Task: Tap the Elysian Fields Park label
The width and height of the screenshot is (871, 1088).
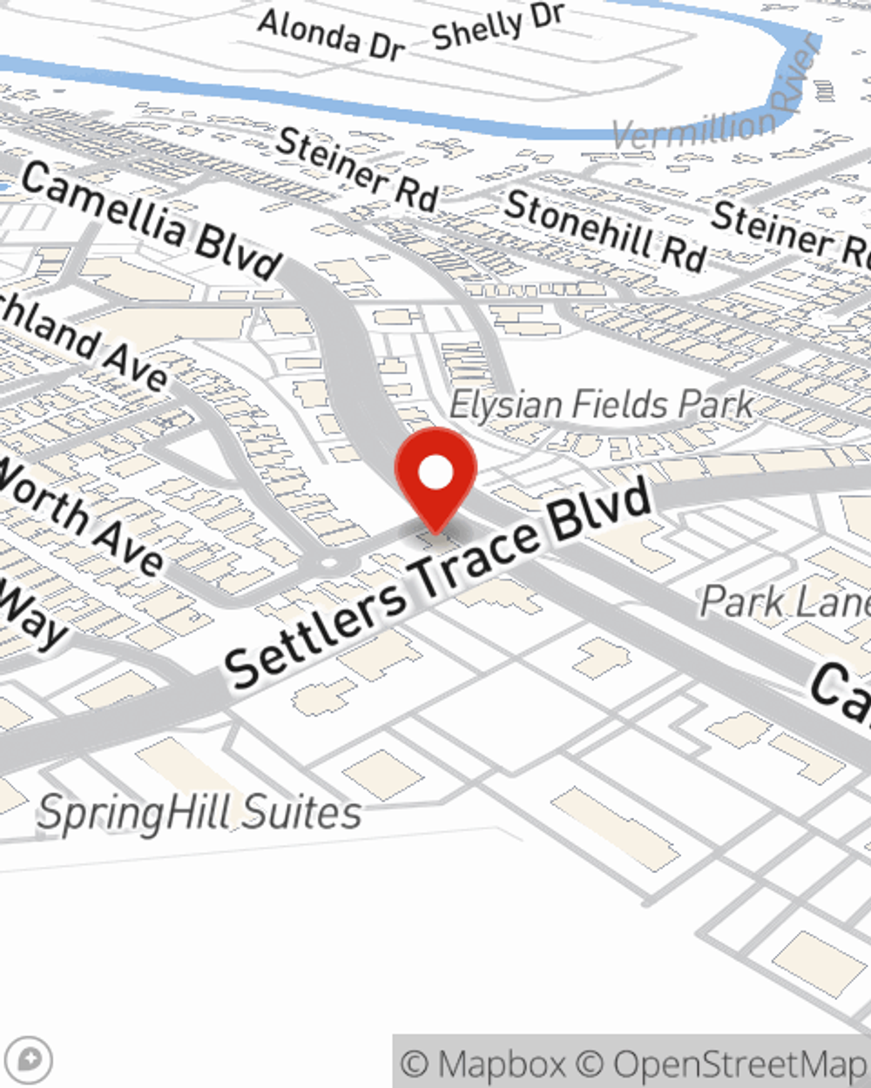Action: (601, 405)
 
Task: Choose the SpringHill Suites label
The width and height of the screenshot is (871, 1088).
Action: (199, 813)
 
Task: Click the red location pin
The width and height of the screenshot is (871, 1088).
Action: (435, 478)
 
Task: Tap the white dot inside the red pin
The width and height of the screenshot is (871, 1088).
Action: (435, 473)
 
